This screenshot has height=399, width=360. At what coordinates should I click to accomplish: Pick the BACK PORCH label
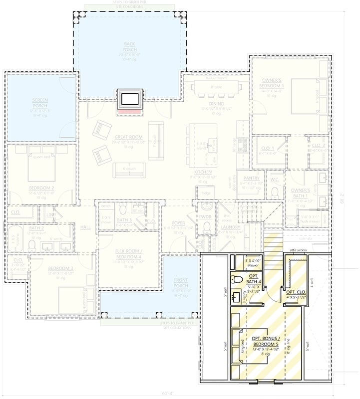coord(129,46)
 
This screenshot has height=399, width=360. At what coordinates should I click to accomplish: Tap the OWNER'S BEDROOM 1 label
coord(273,83)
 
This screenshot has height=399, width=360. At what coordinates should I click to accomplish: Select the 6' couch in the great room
coord(129,170)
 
